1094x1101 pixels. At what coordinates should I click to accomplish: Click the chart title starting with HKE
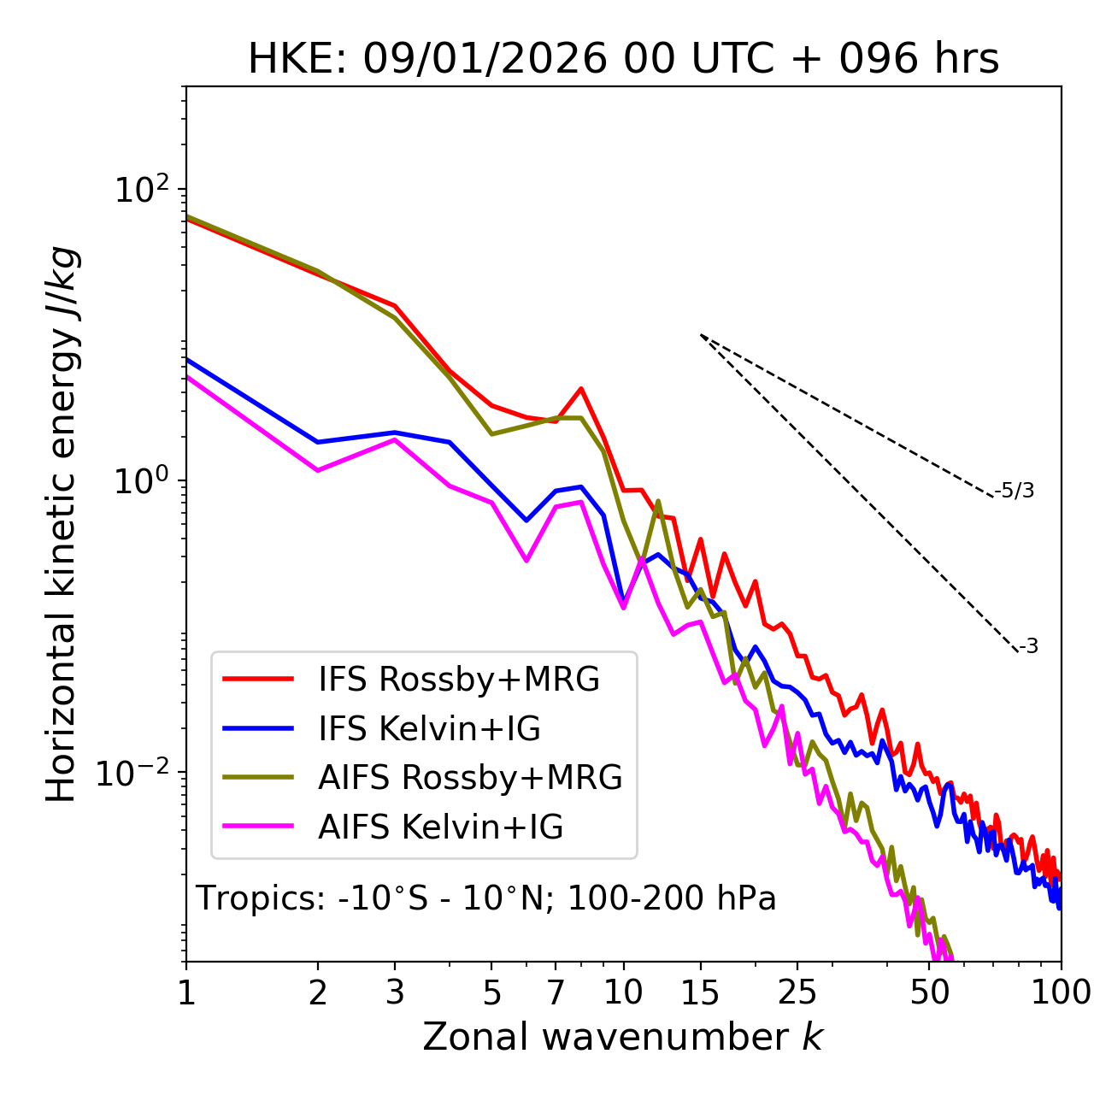click(623, 60)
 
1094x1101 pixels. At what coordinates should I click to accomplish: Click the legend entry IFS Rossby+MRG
click(459, 680)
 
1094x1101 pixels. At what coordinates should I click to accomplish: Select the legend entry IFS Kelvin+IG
click(429, 729)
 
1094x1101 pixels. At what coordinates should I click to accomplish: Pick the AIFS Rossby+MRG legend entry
click(470, 778)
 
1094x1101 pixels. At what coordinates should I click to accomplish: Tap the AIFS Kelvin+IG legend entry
click(440, 827)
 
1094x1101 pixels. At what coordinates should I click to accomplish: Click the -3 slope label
click(1029, 646)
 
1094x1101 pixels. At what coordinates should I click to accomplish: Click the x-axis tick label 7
click(556, 992)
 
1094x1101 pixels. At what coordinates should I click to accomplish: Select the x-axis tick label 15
click(701, 992)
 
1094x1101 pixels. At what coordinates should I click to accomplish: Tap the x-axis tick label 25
click(797, 992)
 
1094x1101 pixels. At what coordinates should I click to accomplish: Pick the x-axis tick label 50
click(930, 992)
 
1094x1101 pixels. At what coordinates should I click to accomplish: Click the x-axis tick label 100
click(1060, 992)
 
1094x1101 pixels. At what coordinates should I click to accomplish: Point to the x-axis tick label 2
click(318, 992)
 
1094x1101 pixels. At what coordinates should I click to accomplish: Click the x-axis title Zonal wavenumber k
click(623, 1037)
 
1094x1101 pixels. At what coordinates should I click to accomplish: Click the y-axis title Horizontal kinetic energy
click(62, 524)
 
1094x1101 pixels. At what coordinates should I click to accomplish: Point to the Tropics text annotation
click(486, 898)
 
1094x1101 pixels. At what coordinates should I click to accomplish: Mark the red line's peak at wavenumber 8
click(581, 388)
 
